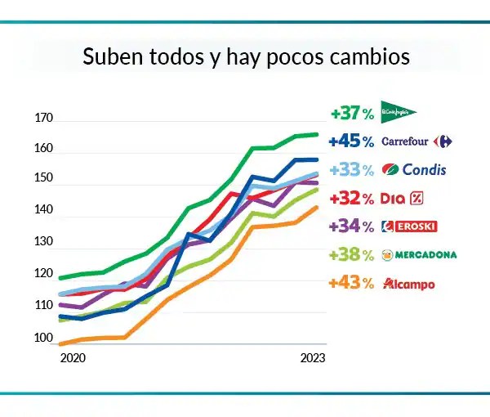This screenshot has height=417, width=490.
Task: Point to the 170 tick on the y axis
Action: (x=43, y=119)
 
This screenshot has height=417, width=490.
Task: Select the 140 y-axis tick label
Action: (x=43, y=210)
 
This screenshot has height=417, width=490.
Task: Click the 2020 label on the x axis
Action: (x=73, y=359)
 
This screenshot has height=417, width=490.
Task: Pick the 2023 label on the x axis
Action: (x=313, y=359)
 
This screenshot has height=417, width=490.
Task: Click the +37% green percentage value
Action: (x=351, y=113)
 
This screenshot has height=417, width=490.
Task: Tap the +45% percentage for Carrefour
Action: (x=351, y=141)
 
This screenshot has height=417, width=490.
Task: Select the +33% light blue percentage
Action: (x=351, y=170)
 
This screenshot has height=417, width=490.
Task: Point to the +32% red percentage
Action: (x=351, y=198)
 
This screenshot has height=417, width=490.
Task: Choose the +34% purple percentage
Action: (x=351, y=226)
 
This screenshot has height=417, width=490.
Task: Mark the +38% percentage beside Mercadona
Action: (x=351, y=255)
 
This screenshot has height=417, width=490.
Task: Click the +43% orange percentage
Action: (x=351, y=284)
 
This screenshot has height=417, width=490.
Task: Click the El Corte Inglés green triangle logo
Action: (x=399, y=112)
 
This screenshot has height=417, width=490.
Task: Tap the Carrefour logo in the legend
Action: (x=416, y=141)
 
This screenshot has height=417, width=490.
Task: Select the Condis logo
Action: (x=416, y=170)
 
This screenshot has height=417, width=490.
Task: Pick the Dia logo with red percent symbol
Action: (x=403, y=198)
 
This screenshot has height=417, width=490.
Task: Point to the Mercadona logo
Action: (x=418, y=255)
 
